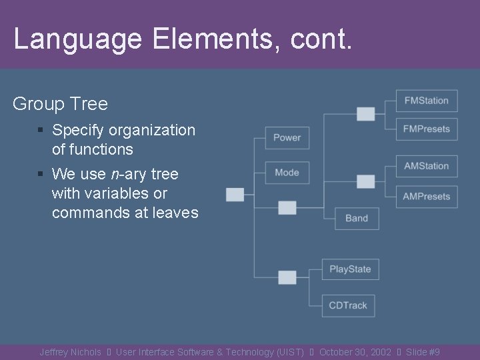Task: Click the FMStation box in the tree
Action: click(427, 101)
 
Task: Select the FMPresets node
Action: click(427, 129)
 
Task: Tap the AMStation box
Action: click(427, 166)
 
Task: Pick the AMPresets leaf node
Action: click(427, 197)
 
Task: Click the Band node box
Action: click(357, 218)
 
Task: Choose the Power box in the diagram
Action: click(287, 138)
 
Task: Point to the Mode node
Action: click(287, 173)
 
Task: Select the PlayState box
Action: click(350, 269)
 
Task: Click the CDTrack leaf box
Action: click(348, 305)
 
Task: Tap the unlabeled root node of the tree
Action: click(235, 195)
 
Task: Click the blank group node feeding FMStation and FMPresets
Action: click(365, 114)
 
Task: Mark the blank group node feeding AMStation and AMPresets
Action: click(365, 181)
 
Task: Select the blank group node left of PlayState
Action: click(287, 277)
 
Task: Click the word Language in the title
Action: click(77, 39)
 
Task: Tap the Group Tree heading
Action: click(60, 104)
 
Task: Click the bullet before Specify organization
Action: click(41, 131)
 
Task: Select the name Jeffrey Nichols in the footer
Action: click(70, 352)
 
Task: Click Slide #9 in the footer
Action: click(423, 352)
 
